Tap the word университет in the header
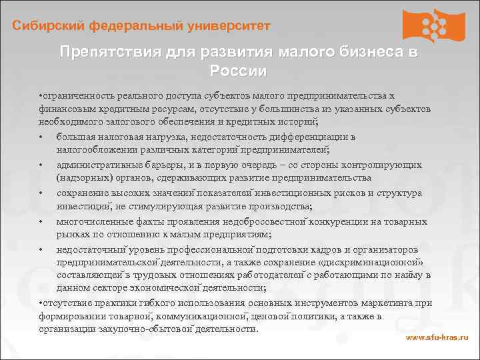tap(228, 26)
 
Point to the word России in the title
tap(238, 71)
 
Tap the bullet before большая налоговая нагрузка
tap(41, 137)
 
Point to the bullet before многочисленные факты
tap(41, 221)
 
